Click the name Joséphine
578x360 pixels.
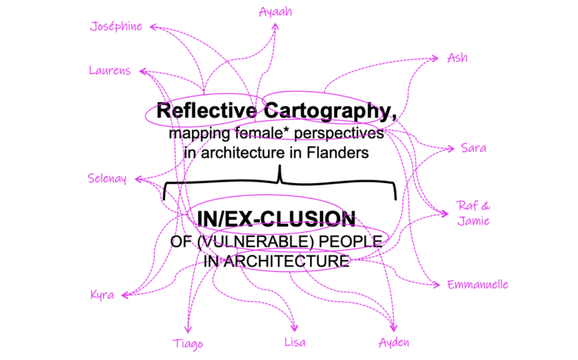(116, 27)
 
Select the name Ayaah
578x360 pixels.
(275, 12)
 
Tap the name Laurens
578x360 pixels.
(109, 71)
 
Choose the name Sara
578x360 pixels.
(473, 148)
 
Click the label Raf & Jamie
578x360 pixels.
(473, 212)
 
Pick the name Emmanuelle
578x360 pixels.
(477, 285)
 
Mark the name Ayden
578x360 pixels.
(394, 343)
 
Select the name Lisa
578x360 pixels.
(294, 343)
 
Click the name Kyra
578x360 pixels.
(102, 294)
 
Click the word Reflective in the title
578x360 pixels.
(202, 111)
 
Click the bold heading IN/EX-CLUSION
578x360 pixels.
(275, 218)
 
